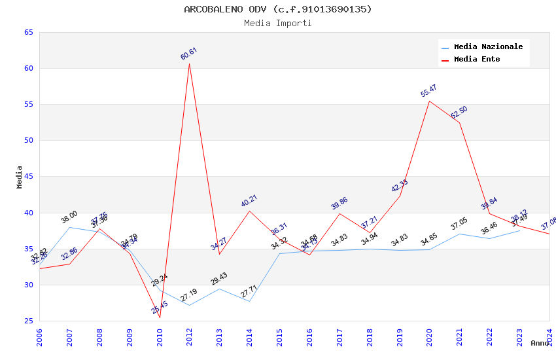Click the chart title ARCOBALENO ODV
pyautogui.click(x=277, y=9)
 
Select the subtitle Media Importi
pyautogui.click(x=277, y=23)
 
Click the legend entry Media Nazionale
pyautogui.click(x=488, y=46)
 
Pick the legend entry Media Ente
pyautogui.click(x=477, y=59)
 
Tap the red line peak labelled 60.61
pyautogui.click(x=190, y=63)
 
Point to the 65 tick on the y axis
pyautogui.click(x=28, y=32)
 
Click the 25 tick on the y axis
pyautogui.click(x=28, y=321)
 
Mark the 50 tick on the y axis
pyautogui.click(x=28, y=140)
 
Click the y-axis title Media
pyautogui.click(x=19, y=177)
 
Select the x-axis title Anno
pyautogui.click(x=540, y=343)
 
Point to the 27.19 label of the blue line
pyautogui.click(x=189, y=295)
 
